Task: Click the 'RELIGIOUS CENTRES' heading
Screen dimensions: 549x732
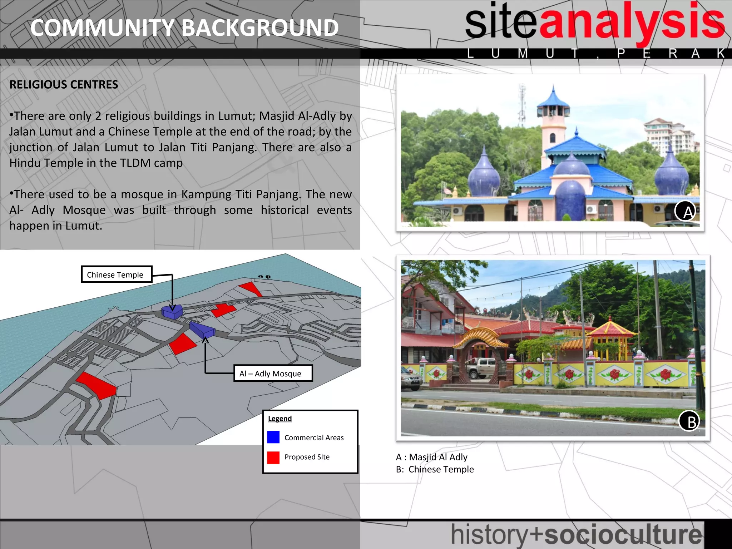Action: click(64, 85)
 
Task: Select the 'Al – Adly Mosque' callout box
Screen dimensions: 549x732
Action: click(273, 374)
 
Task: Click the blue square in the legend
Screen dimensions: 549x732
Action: click(273, 437)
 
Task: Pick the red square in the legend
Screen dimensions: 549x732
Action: click(273, 457)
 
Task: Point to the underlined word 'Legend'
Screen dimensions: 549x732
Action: click(280, 419)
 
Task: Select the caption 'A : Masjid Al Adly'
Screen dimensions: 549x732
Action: click(432, 457)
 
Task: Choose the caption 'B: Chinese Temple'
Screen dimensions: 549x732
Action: click(435, 469)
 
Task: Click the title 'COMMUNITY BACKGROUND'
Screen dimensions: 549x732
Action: click(184, 28)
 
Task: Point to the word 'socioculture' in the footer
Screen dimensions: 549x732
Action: click(623, 535)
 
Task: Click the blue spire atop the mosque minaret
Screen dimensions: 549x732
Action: click(553, 97)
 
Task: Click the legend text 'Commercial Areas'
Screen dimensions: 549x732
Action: click(314, 438)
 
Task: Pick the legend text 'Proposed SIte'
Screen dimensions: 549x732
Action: click(307, 457)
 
